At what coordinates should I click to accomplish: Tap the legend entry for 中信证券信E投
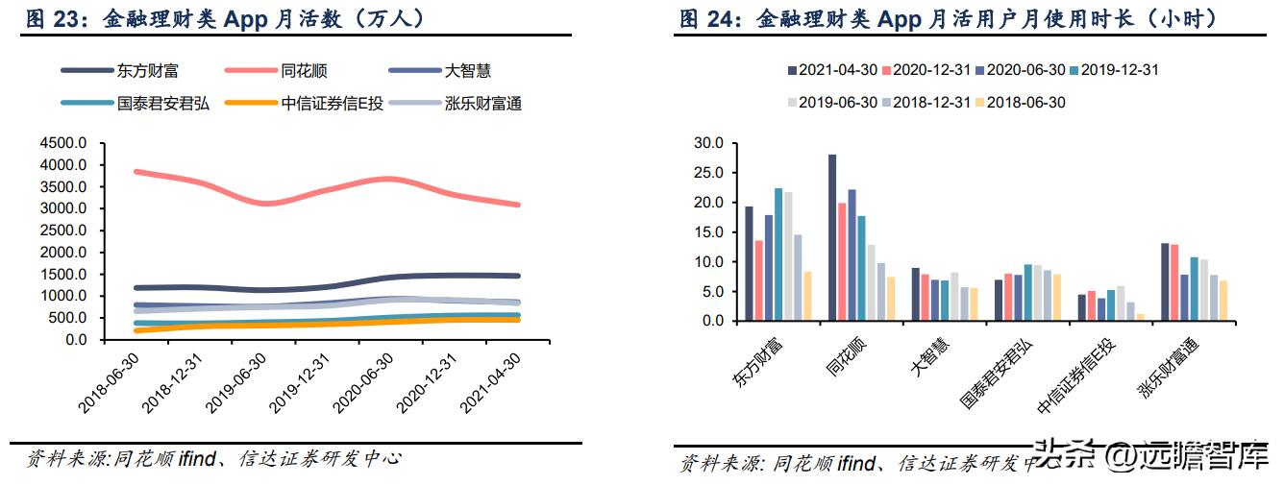[x=332, y=104]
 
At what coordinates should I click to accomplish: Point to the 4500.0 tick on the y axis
[x=64, y=143]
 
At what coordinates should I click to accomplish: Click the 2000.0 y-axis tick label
[x=64, y=253]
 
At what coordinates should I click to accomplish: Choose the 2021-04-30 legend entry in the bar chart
[x=832, y=70]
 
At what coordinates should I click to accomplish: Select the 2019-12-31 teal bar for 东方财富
[x=778, y=255]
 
